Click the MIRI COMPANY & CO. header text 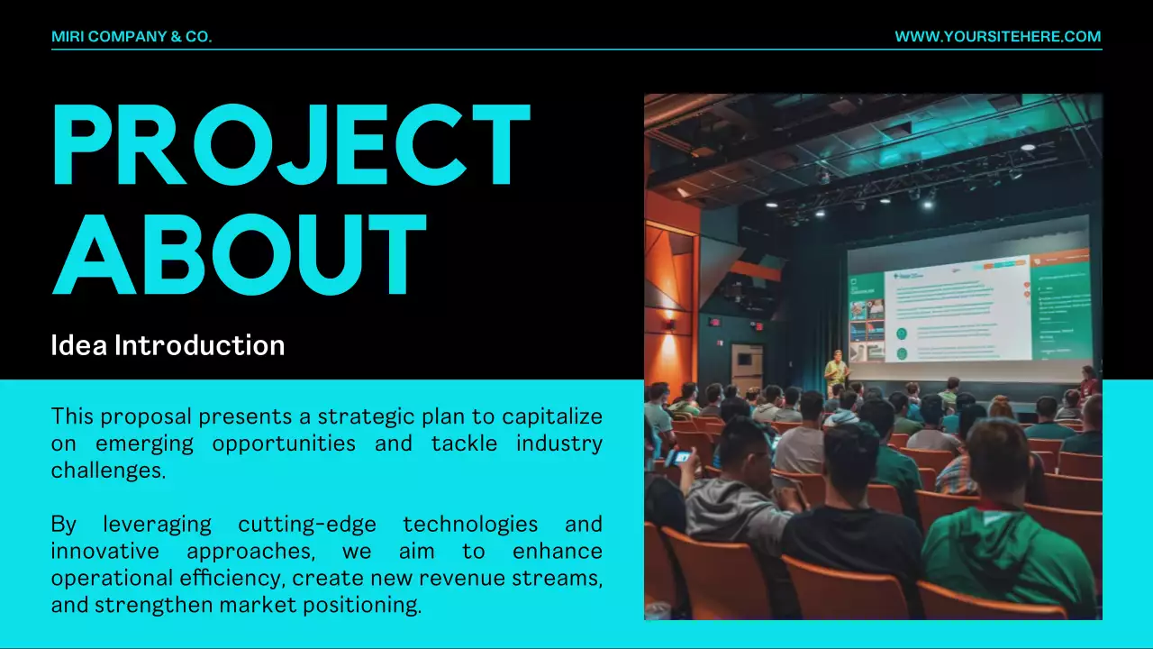tap(132, 37)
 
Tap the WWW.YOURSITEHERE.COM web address tap(997, 37)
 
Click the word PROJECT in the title tap(290, 146)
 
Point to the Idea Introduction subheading tap(168, 345)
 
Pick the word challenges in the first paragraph tap(108, 471)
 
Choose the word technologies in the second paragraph tap(470, 524)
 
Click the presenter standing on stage tap(836, 370)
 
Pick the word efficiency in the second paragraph tap(232, 578)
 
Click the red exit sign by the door tap(714, 322)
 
